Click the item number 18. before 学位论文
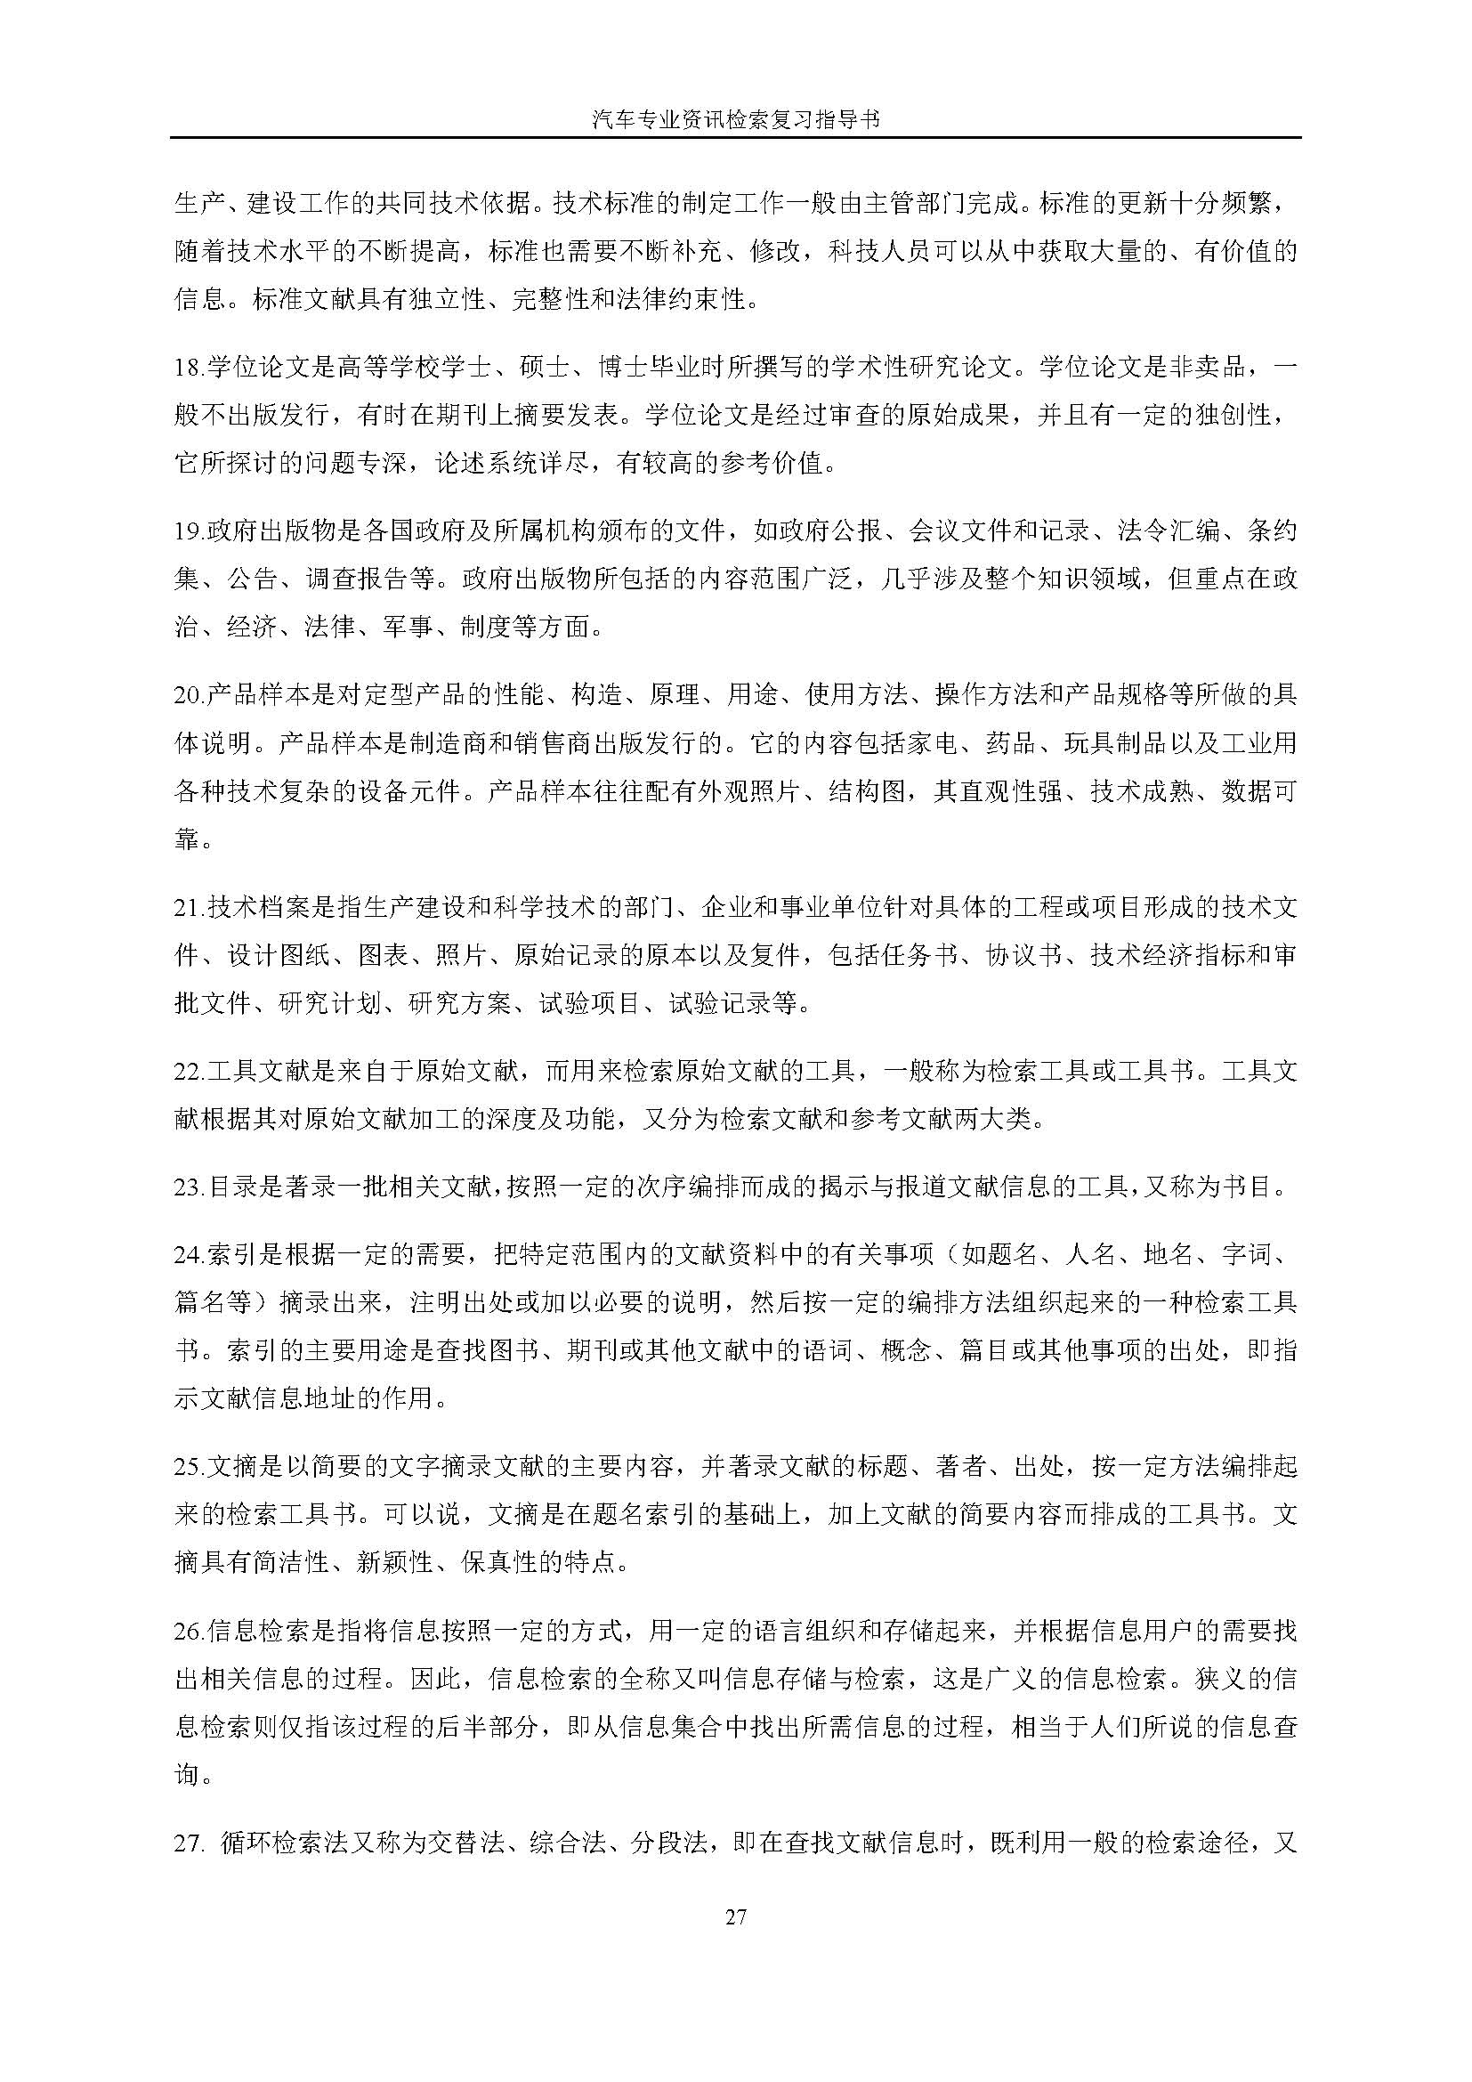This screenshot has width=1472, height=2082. (190, 369)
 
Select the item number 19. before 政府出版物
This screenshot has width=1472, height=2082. (190, 531)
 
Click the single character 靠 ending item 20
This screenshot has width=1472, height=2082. (187, 838)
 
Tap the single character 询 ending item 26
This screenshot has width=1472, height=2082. (187, 1775)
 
